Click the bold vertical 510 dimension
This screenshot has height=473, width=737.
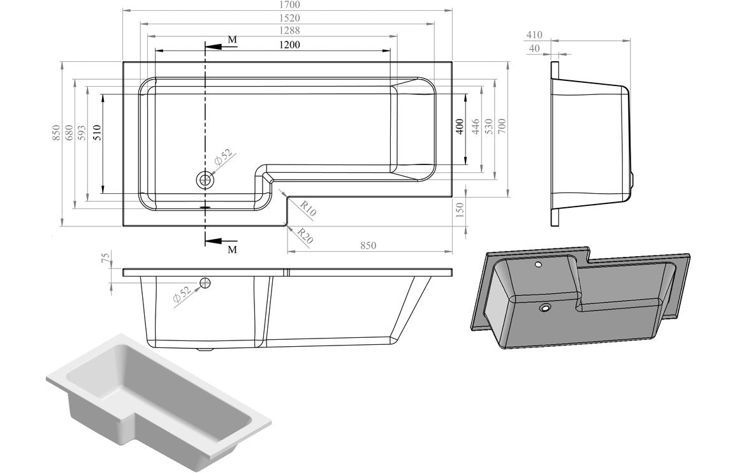point(97,132)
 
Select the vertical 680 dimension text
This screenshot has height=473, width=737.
point(70,132)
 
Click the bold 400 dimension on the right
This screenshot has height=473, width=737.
point(460,127)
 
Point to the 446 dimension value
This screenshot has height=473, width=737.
point(474,127)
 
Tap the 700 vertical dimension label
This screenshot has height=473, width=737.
point(502,127)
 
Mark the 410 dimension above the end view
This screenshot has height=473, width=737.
point(534,35)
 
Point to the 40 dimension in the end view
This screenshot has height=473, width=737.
point(534,48)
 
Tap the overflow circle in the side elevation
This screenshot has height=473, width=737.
point(206,283)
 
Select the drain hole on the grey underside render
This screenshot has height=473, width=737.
point(545,309)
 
